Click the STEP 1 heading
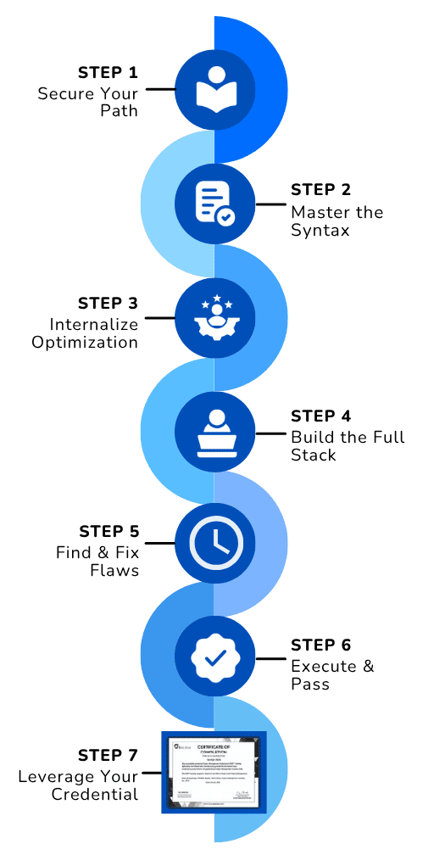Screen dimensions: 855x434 pyautogui.click(x=108, y=73)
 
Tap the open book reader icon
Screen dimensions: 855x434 pyautogui.click(x=214, y=88)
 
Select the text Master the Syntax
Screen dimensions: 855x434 pyautogui.click(x=337, y=221)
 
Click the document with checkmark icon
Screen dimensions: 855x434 pyautogui.click(x=214, y=204)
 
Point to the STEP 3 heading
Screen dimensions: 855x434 pyautogui.click(x=108, y=303)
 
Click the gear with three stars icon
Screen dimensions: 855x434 pyautogui.click(x=214, y=316)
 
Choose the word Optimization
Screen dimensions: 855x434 pyautogui.click(x=85, y=343)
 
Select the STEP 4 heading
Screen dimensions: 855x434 pyautogui.click(x=320, y=416)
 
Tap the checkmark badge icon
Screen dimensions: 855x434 pyautogui.click(x=214, y=657)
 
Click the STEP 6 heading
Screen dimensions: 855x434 pyautogui.click(x=320, y=645)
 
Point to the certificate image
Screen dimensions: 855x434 pyautogui.click(x=214, y=771)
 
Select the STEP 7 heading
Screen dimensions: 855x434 pyautogui.click(x=108, y=756)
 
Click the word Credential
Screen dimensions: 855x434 pyautogui.click(x=95, y=795)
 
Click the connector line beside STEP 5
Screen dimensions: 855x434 pyautogui.click(x=159, y=544)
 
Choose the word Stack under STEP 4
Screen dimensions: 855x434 pyautogui.click(x=314, y=455)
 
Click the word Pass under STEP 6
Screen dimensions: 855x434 pyautogui.click(x=310, y=684)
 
